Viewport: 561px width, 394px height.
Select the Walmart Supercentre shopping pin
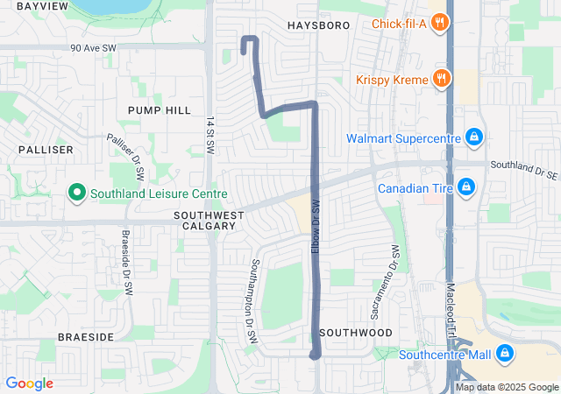point(473,137)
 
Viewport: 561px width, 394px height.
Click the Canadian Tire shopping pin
point(466,187)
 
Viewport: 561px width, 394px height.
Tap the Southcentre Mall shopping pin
point(504,354)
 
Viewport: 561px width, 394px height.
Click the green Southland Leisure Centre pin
point(76,193)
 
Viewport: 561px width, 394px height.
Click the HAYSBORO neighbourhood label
point(318,26)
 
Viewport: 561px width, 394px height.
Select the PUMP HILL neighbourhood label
point(159,110)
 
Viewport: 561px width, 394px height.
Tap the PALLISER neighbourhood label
point(45,150)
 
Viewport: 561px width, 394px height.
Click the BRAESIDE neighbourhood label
point(86,336)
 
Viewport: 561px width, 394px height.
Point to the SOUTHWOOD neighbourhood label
point(356,334)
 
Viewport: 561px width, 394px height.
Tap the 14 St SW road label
point(210,136)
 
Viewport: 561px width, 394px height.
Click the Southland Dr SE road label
point(523,165)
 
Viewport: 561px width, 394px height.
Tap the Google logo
point(30,383)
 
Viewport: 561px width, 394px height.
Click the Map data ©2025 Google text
point(506,387)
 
